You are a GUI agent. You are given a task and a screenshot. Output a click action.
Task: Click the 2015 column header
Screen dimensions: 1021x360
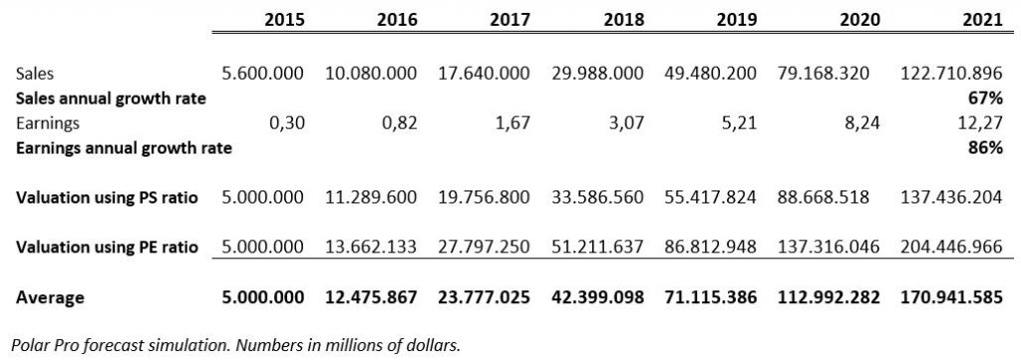(x=284, y=20)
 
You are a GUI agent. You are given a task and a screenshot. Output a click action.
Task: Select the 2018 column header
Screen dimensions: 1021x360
(x=623, y=20)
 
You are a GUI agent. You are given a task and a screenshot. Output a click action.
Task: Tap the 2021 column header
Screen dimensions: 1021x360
(x=982, y=20)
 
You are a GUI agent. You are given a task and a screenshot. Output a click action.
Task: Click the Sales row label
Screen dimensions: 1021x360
(x=35, y=74)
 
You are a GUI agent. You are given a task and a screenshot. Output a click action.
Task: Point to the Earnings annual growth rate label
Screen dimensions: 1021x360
(x=124, y=149)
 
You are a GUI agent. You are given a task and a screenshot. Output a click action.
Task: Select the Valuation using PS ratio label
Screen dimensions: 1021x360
(x=107, y=197)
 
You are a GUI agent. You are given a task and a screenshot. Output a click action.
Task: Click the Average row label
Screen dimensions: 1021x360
(x=50, y=297)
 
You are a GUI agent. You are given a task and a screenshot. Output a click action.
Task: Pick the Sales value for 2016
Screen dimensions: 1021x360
(x=371, y=74)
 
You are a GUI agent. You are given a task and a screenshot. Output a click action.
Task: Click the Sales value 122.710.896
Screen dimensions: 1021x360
(x=951, y=74)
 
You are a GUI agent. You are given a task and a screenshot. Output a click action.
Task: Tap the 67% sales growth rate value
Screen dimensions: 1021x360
(x=986, y=99)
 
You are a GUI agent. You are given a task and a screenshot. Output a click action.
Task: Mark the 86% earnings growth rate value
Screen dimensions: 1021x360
(x=986, y=149)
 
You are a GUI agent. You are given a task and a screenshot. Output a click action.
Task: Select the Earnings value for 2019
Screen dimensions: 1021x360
(x=741, y=124)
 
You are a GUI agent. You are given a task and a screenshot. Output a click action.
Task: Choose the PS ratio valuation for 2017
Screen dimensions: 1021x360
(x=484, y=197)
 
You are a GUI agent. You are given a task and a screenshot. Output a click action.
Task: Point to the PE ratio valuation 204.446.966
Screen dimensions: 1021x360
(x=951, y=247)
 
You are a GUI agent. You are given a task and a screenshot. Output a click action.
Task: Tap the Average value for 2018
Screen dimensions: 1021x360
(x=597, y=297)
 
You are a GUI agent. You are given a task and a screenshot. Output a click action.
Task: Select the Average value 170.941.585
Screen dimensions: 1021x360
(x=951, y=297)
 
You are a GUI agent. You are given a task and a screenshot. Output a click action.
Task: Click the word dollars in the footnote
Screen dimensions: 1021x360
(x=437, y=344)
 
